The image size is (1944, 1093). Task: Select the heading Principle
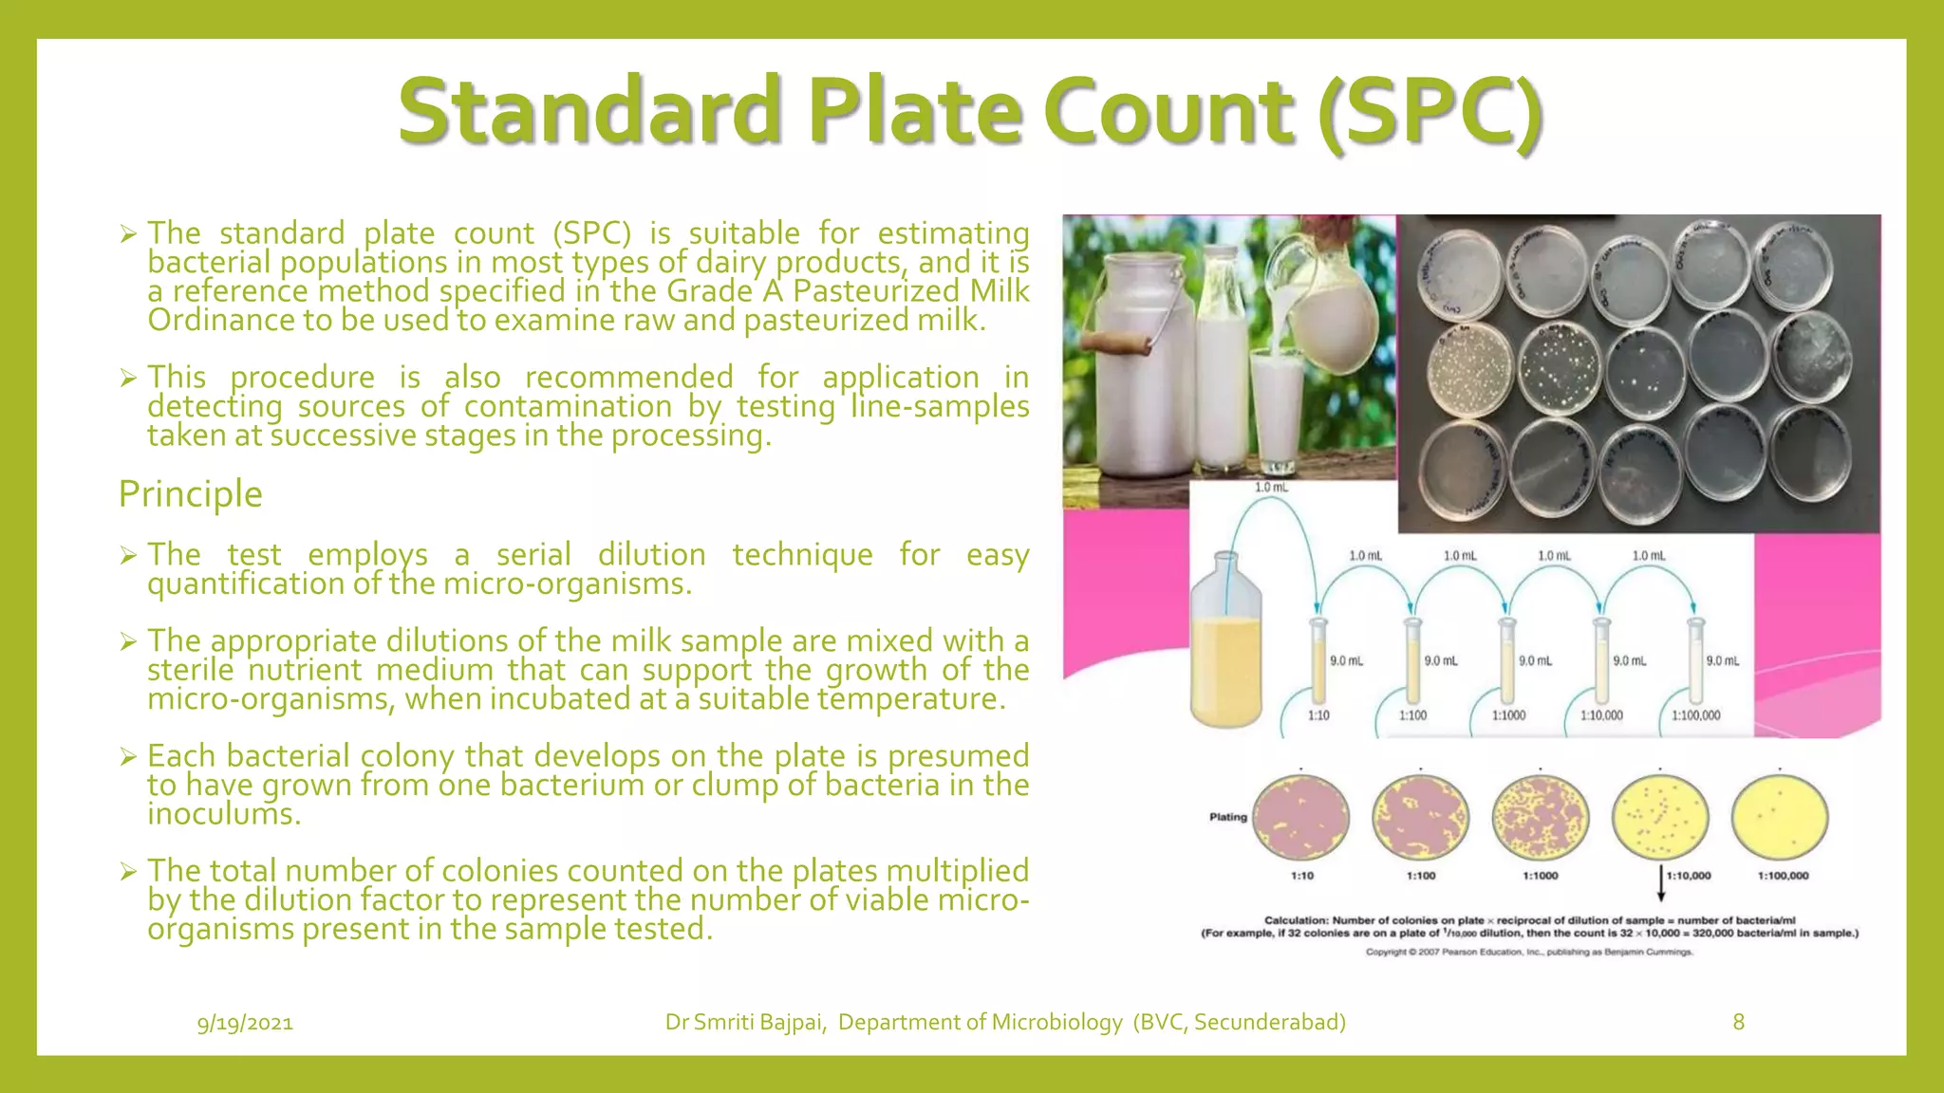point(190,494)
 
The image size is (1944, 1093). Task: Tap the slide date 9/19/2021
point(245,1023)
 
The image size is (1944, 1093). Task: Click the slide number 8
point(1738,1022)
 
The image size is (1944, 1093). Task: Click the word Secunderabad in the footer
point(1268,1022)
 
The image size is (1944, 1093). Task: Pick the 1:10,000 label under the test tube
point(1601,715)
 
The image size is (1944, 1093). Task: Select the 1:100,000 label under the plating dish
point(1783,876)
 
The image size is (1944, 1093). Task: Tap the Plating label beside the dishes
point(1227,817)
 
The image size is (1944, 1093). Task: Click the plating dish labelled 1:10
point(1301,818)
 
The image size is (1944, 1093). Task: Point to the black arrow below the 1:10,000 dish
point(1660,884)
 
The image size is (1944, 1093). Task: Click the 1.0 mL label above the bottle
point(1271,488)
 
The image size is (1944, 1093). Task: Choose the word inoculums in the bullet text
point(223,815)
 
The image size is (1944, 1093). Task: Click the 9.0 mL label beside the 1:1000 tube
point(1535,660)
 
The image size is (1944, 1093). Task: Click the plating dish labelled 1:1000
point(1540,818)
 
